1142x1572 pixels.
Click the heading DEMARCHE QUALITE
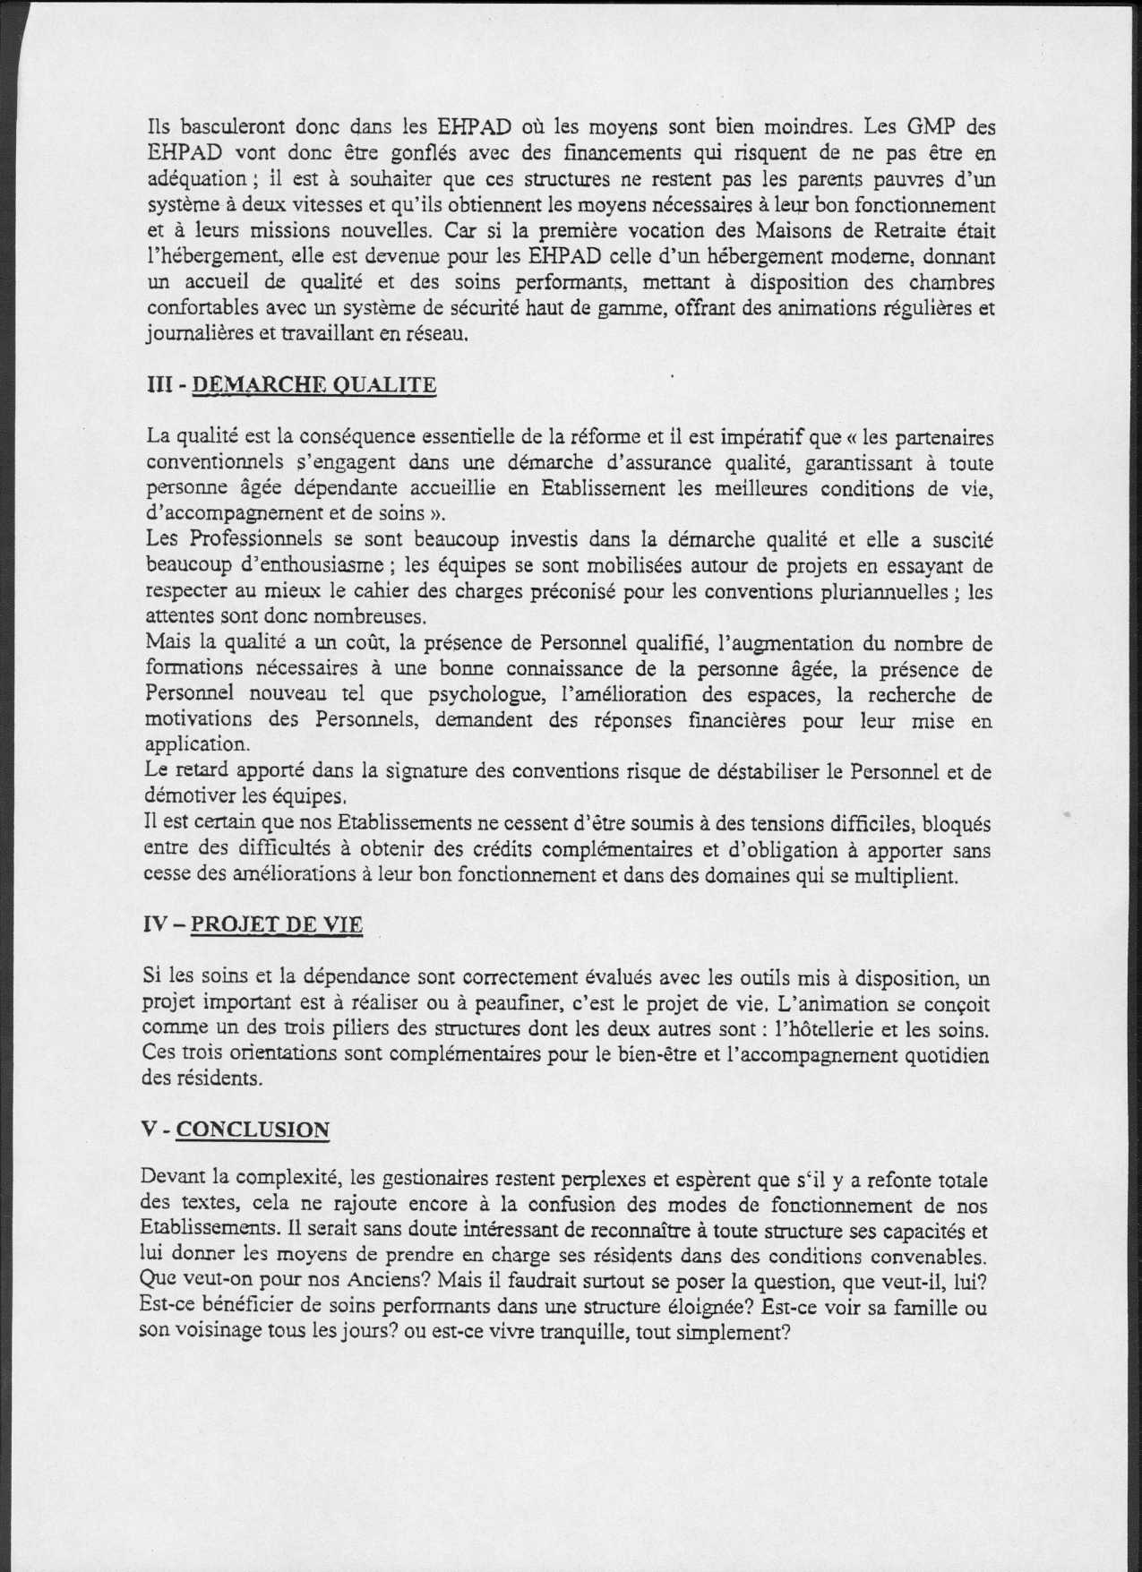coord(314,385)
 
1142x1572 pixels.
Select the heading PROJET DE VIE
coord(278,924)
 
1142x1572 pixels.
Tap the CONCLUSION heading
coord(252,1130)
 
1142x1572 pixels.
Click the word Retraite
coord(900,230)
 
